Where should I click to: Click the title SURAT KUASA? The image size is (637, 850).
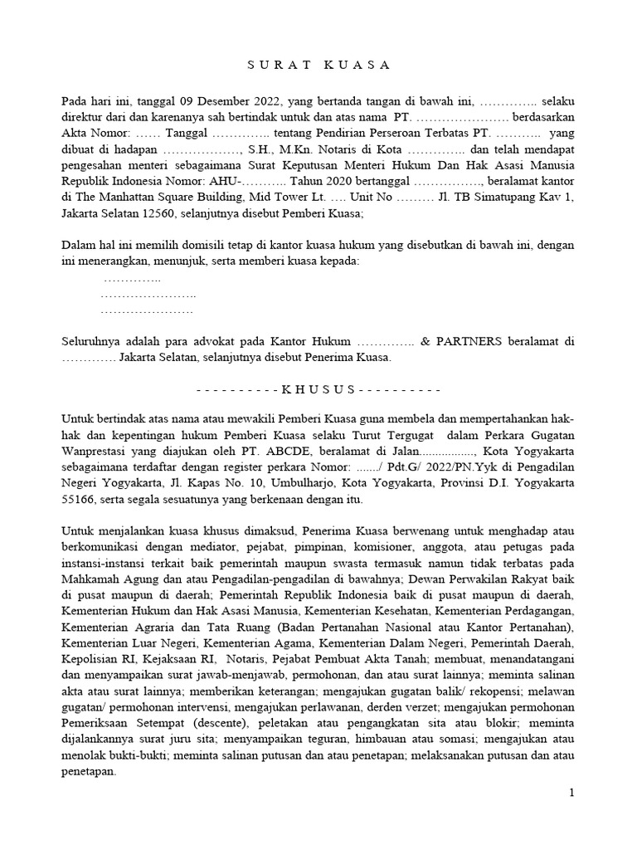click(x=318, y=65)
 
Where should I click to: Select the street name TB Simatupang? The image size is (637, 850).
click(x=484, y=197)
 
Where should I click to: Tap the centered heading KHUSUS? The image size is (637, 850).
click(x=318, y=388)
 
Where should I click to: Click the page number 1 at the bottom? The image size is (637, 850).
click(x=571, y=794)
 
